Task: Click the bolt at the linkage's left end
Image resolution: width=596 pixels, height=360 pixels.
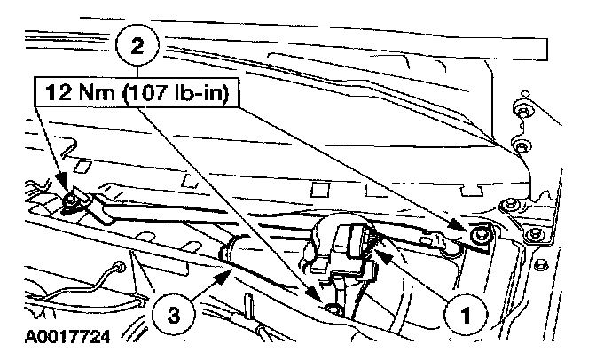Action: pyautogui.click(x=69, y=206)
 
